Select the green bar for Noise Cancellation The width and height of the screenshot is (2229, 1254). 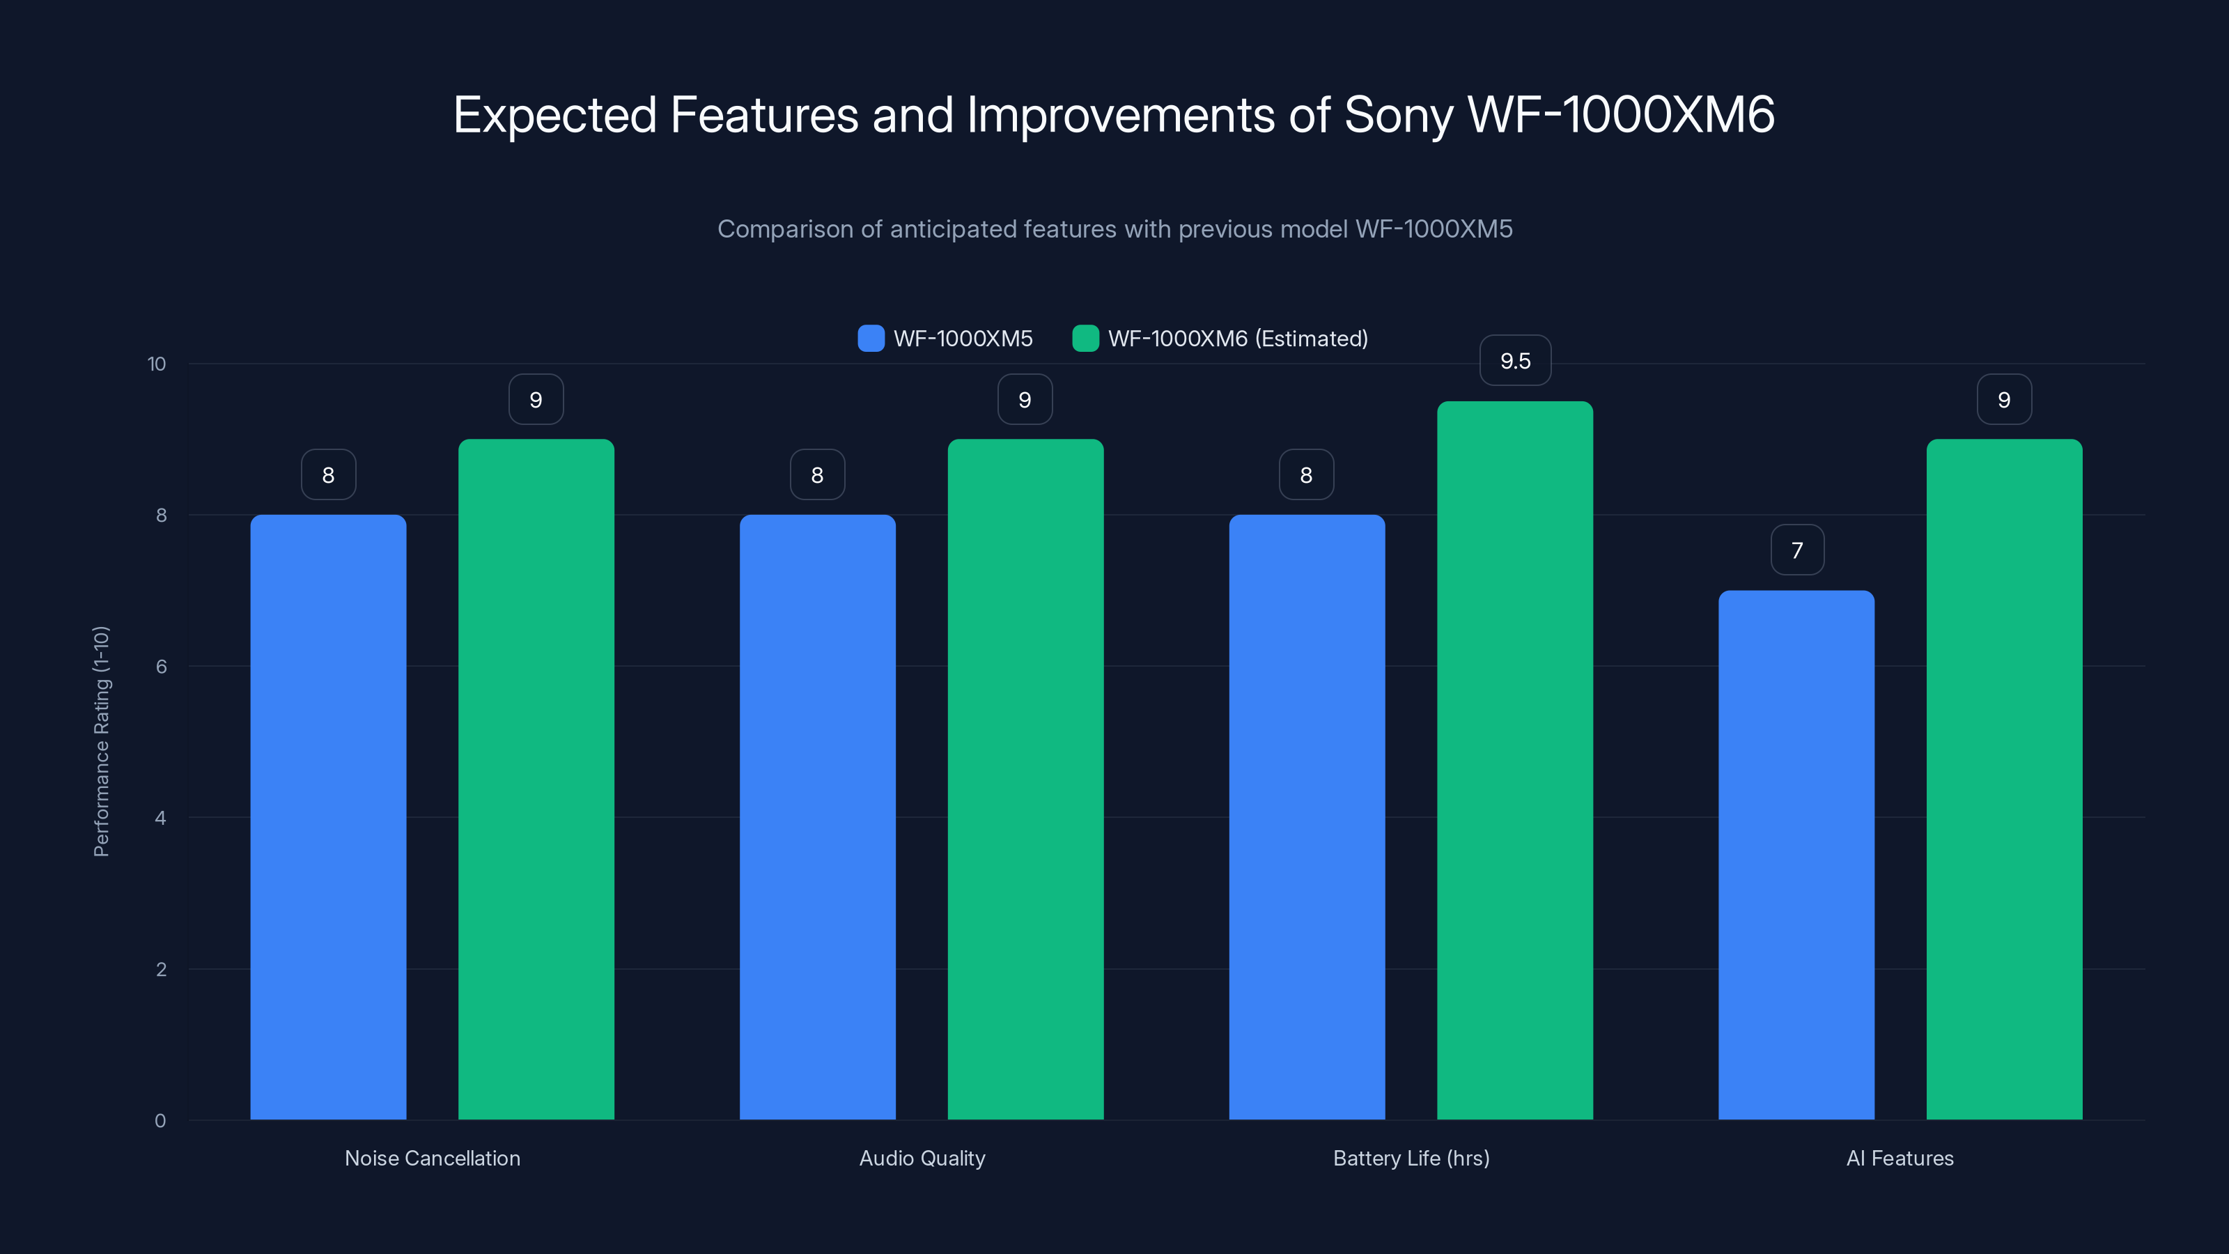[536, 779]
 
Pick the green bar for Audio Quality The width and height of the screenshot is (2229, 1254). [1025, 779]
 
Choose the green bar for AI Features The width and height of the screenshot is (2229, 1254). [2004, 779]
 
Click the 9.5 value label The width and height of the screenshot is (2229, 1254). [1515, 361]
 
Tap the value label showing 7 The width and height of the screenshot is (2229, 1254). [1797, 550]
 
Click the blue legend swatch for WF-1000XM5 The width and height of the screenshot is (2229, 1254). [871, 339]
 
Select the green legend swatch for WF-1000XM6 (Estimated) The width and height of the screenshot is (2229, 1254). [1085, 339]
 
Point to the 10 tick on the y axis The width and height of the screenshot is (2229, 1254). [157, 364]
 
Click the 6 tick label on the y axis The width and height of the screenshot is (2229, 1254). [161, 667]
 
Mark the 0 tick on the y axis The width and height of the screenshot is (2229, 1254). [160, 1121]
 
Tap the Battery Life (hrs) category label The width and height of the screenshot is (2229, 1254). [1411, 1158]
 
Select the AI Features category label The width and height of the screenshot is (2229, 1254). [1900, 1158]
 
